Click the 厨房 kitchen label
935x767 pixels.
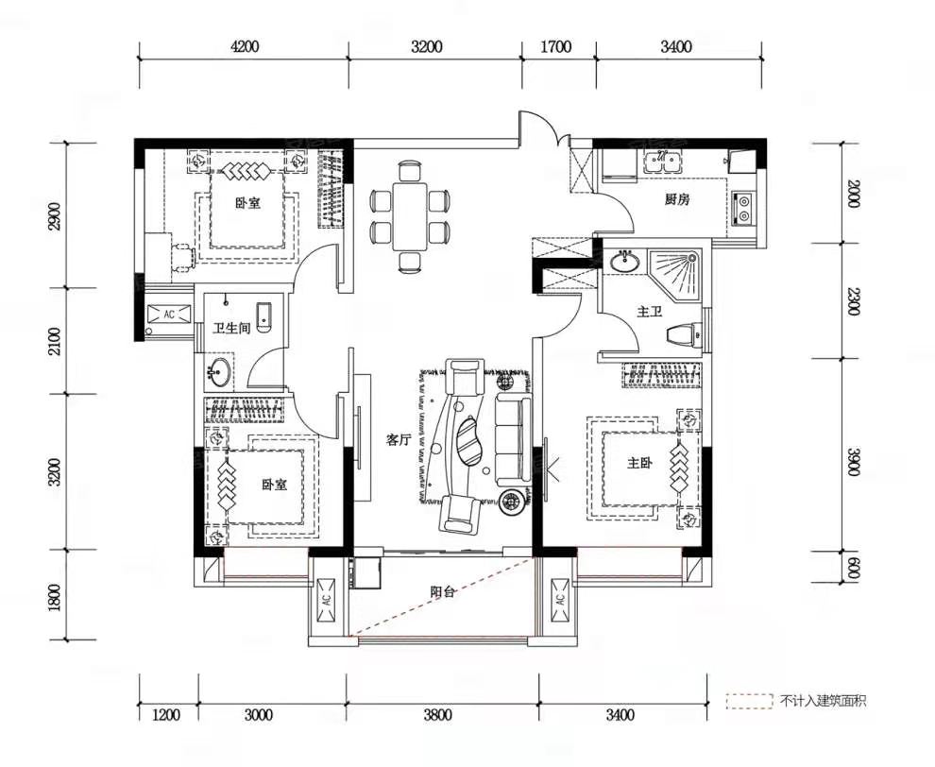tap(677, 199)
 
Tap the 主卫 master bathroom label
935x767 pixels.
tap(650, 312)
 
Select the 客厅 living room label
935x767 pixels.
tap(399, 440)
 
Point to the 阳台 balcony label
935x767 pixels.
tap(443, 591)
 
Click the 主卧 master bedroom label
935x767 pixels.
tap(638, 462)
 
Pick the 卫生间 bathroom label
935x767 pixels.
tap(231, 328)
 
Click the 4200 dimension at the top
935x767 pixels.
tap(245, 46)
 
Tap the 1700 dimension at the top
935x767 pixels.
tap(555, 46)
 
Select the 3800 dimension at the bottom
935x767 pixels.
tap(437, 714)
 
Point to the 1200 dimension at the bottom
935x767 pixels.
tap(165, 714)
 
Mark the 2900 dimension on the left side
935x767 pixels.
tap(55, 216)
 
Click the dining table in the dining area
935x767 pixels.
tap(410, 216)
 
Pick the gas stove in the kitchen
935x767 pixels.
tap(743, 208)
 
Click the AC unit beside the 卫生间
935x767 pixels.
tap(169, 314)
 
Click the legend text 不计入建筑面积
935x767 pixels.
tap(823, 701)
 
